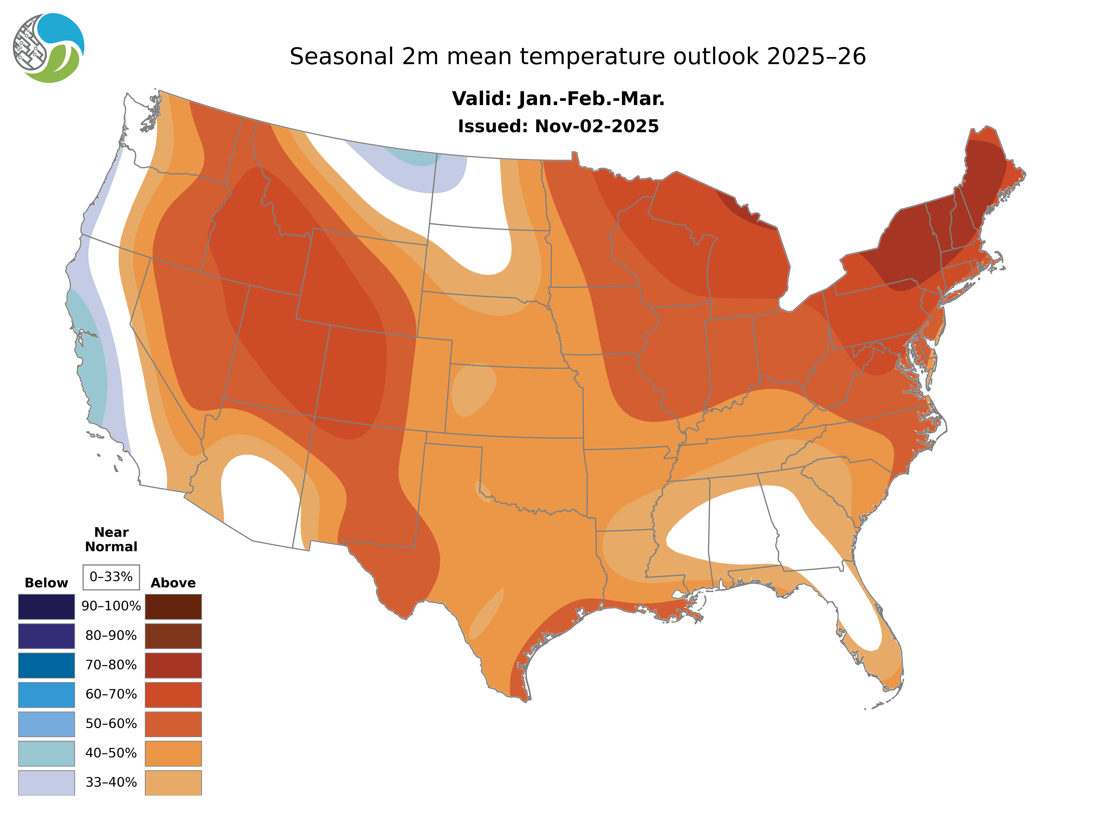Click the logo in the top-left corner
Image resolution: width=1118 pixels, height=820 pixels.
click(x=49, y=48)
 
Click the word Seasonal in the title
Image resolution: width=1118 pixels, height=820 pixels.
click(x=341, y=57)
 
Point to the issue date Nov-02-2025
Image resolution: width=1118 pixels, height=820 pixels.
click(x=596, y=127)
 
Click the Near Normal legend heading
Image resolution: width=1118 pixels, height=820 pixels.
click(x=111, y=539)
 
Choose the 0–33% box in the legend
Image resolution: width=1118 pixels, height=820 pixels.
click(x=111, y=577)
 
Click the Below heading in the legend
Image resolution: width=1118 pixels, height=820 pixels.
click(x=46, y=583)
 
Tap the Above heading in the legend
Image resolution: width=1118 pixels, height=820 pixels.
click(x=173, y=583)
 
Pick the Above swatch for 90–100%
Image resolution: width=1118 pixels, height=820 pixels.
click(x=173, y=607)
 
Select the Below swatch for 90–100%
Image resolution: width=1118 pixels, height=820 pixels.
click(x=46, y=607)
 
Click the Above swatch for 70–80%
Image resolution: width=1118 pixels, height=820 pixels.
click(x=173, y=665)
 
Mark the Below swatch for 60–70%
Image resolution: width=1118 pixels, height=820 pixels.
click(x=46, y=694)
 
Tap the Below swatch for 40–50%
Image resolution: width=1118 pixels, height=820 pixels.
click(x=46, y=754)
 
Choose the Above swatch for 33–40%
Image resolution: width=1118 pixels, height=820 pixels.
click(x=173, y=783)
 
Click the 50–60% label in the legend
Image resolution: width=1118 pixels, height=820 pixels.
click(x=111, y=724)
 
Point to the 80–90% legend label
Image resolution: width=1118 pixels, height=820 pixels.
click(x=111, y=636)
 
